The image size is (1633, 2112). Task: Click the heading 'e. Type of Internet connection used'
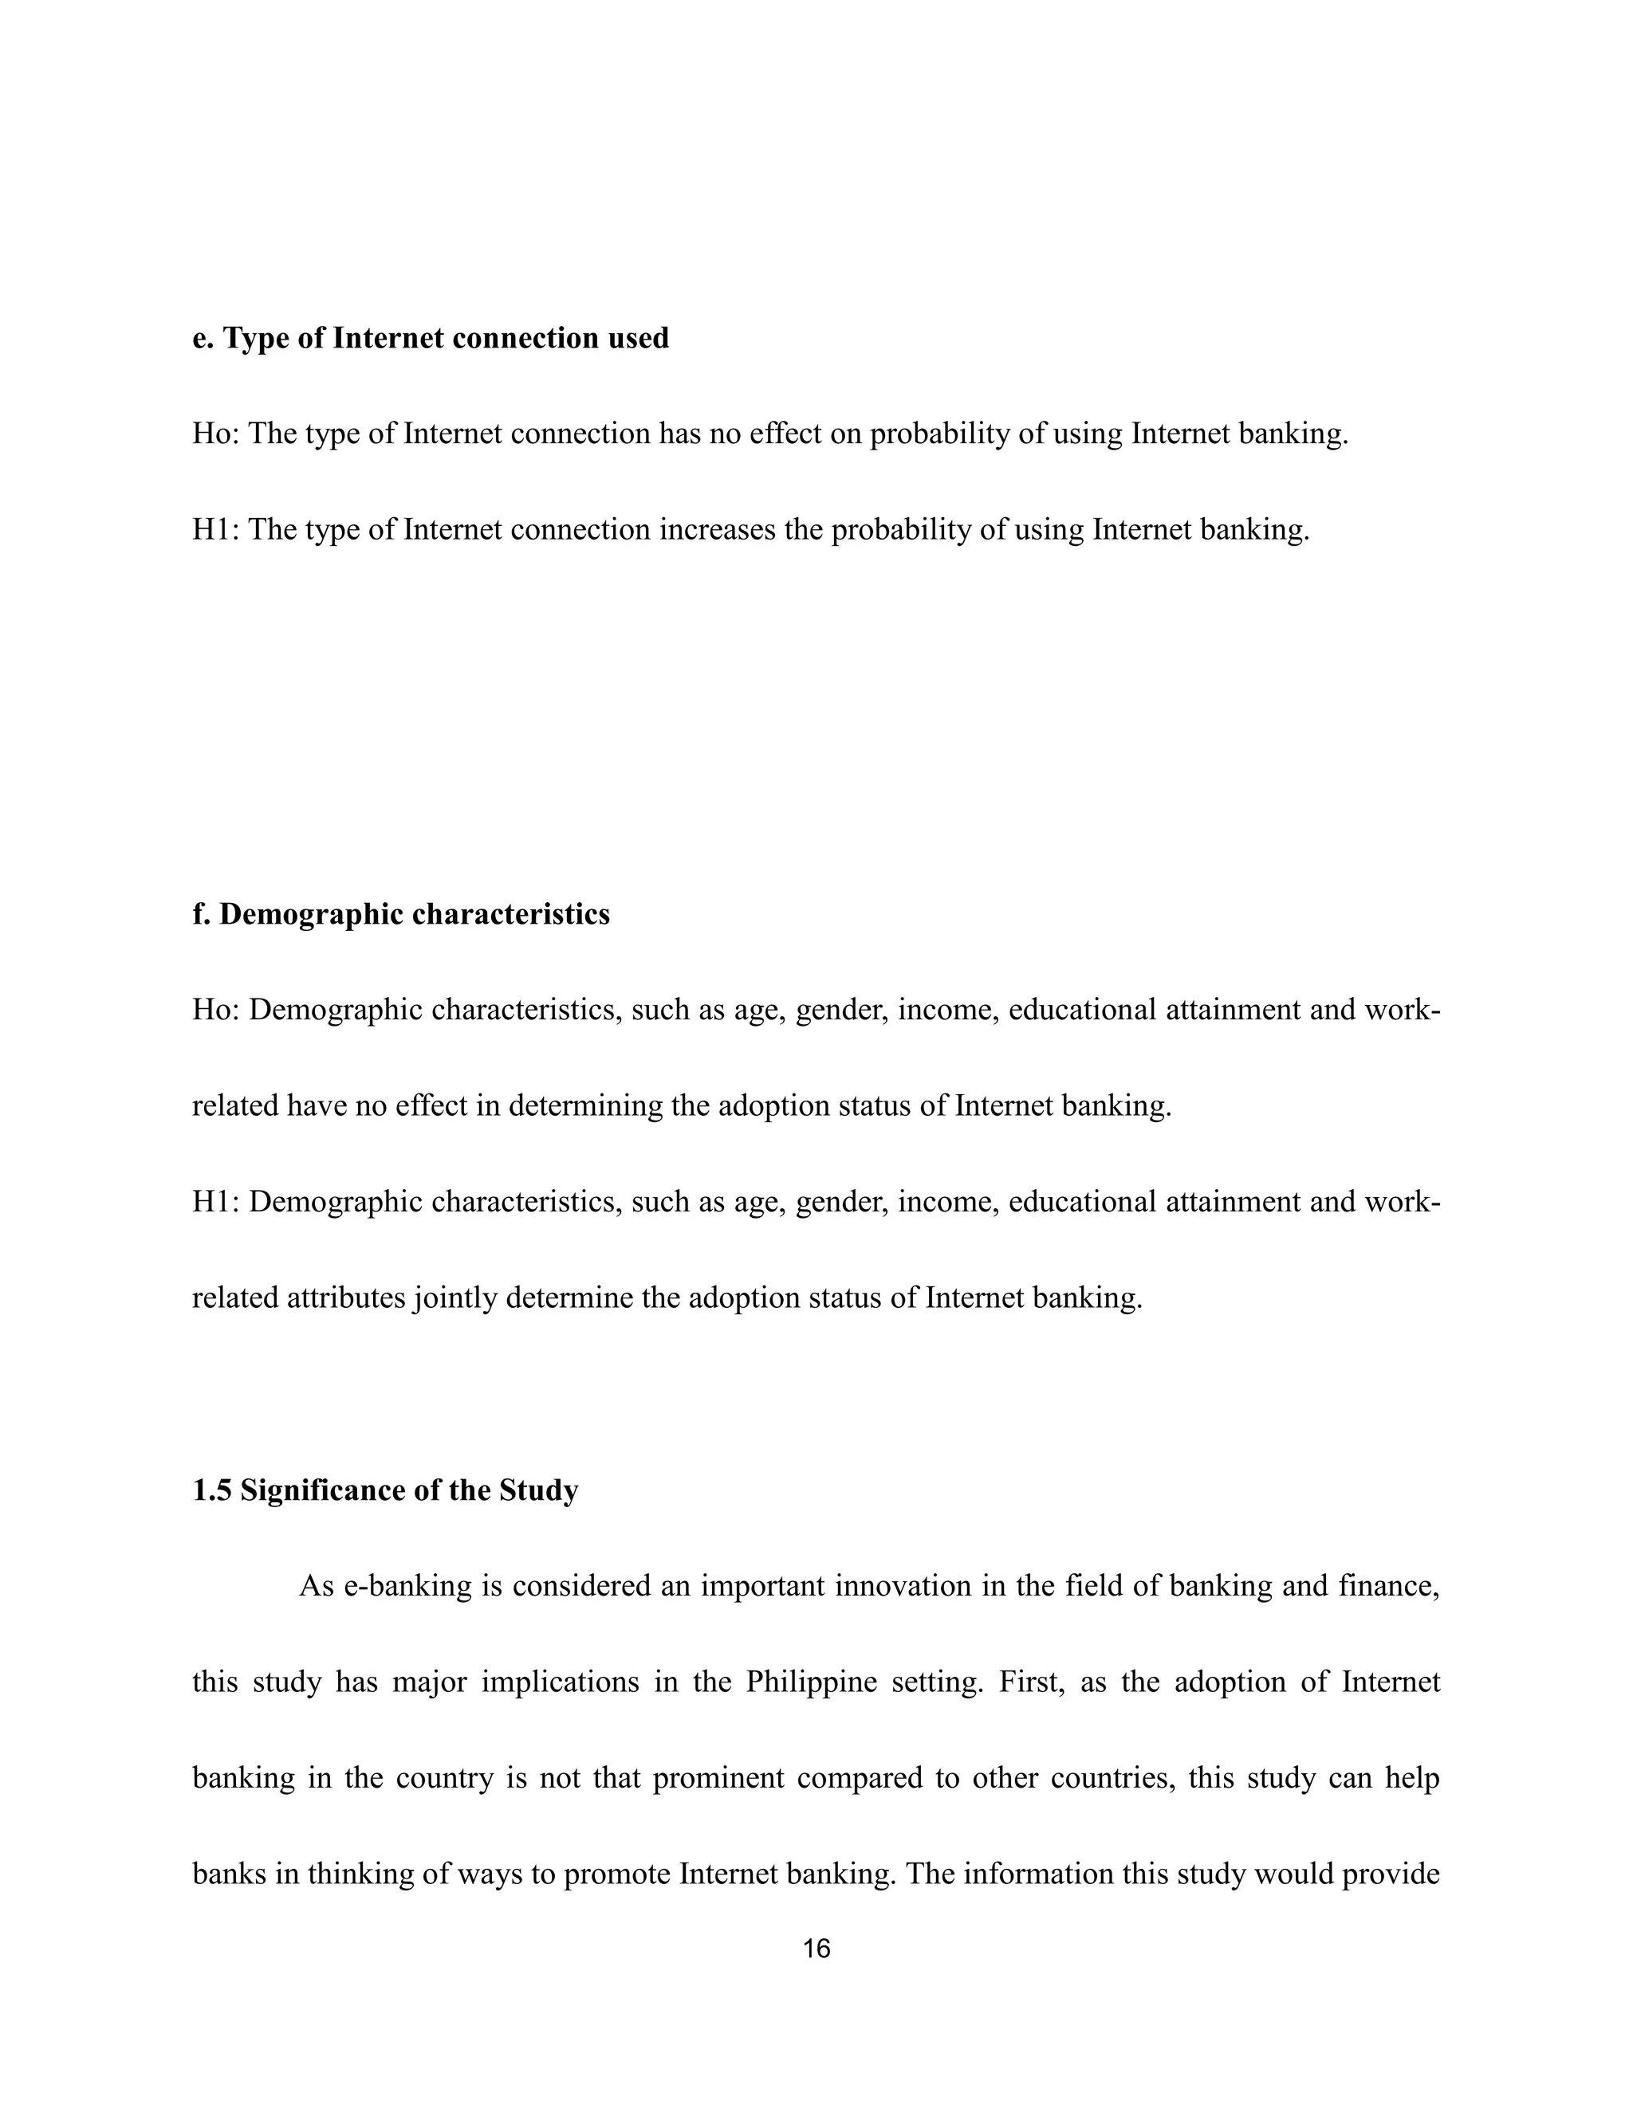click(x=431, y=339)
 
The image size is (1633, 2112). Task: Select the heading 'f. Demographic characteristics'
click(x=400, y=914)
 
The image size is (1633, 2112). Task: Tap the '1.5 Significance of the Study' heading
click(x=385, y=1490)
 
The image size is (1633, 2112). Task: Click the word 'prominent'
click(x=718, y=1778)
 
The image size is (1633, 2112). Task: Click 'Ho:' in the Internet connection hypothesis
click(x=216, y=434)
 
